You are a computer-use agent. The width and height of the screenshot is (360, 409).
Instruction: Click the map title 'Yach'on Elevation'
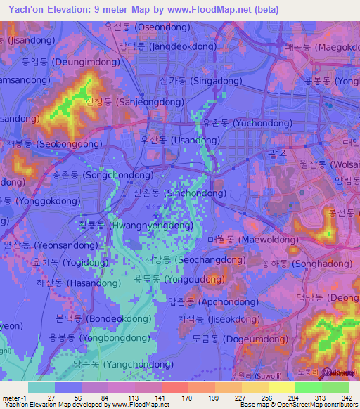click(52, 9)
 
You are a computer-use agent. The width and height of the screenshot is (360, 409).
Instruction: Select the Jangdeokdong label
click(167, 46)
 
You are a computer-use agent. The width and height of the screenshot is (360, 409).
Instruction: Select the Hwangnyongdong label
click(136, 226)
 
